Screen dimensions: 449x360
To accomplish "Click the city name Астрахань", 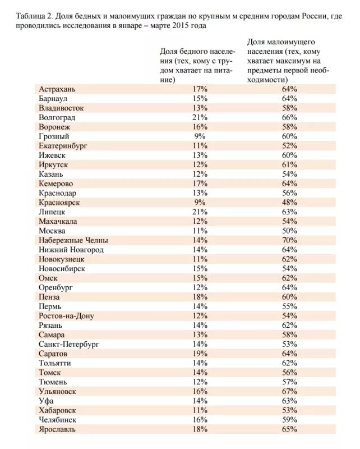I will [57, 89].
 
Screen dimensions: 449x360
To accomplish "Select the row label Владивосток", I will [62, 108].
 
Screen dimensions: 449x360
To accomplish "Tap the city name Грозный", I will [54, 136].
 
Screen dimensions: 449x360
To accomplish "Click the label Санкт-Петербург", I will [69, 344].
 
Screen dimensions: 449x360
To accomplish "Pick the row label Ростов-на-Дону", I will [67, 316].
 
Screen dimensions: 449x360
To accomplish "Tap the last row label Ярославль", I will [58, 429].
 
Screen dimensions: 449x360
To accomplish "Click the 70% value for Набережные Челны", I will [289, 240].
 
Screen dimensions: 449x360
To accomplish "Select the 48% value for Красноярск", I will [289, 203].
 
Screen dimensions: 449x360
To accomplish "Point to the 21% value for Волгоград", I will [200, 117].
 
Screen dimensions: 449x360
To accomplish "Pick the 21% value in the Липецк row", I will [200, 212].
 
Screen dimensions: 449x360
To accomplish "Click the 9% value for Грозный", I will [200, 136].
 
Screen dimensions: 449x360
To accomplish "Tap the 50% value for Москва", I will [289, 231].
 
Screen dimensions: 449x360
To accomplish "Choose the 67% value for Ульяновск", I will [289, 391].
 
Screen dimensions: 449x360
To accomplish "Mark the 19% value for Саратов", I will [200, 354].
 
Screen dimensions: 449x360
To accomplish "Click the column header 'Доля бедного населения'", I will [197, 65].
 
